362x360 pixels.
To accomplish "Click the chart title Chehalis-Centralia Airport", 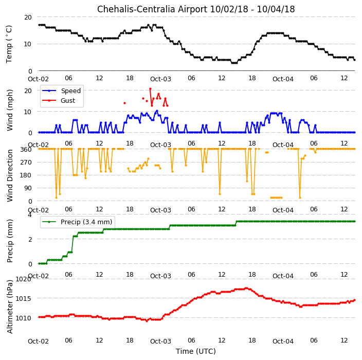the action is (x=152, y=9).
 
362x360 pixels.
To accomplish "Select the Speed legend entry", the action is (x=61, y=91).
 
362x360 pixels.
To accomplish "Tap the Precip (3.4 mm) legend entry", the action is (x=77, y=222).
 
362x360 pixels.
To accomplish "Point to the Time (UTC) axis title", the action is (x=196, y=351).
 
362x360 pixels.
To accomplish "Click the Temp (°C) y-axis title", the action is (x=9, y=44).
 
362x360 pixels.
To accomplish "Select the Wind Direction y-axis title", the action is (x=10, y=175).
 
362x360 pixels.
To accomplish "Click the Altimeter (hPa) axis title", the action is (x=10, y=307).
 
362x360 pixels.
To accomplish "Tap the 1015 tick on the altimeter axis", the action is (x=23, y=299).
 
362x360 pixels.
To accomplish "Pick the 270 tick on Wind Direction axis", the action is (x=26, y=163).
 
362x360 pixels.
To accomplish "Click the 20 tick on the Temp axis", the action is (x=28, y=17).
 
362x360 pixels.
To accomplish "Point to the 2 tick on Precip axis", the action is (x=30, y=239).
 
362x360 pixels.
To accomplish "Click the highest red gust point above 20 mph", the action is (x=150, y=88).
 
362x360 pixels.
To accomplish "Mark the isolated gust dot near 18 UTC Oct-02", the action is (x=124, y=103).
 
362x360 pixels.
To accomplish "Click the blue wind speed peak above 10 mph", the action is (x=157, y=111).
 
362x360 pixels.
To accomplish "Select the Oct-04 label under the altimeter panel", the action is (x=283, y=341).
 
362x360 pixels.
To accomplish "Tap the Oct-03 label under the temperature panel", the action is (x=160, y=79).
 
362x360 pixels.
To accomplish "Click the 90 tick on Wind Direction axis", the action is (x=28, y=188).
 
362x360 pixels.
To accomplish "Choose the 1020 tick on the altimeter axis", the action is (x=23, y=279).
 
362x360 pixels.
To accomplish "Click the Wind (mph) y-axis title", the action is (x=10, y=110).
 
